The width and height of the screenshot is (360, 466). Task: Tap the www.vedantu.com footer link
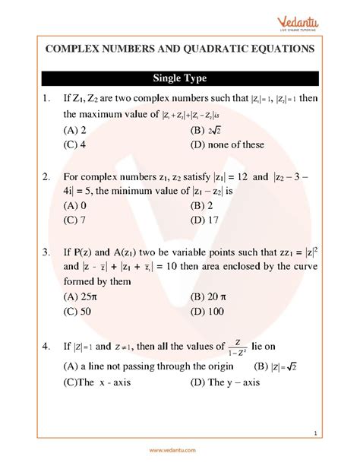pos(180,451)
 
